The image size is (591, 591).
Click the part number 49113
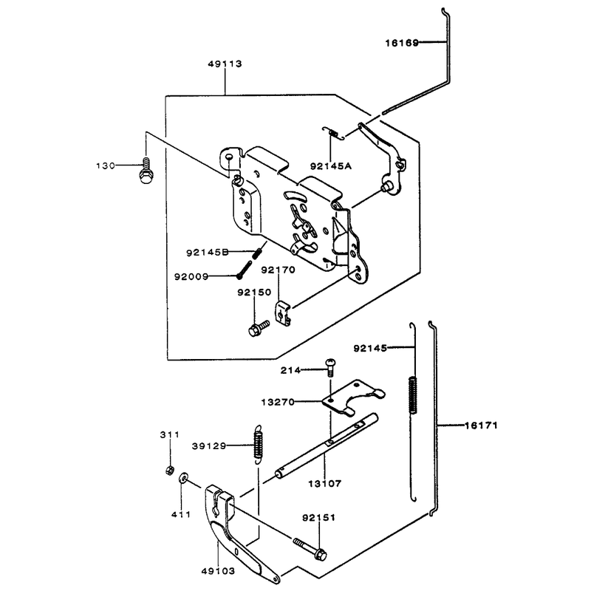click(225, 64)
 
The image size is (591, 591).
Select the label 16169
click(402, 43)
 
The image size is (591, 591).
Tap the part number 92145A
click(331, 166)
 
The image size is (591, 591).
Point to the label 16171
click(481, 426)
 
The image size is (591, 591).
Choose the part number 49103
click(218, 571)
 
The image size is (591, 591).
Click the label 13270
click(278, 403)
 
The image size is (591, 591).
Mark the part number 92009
click(191, 277)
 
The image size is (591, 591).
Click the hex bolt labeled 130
click(146, 171)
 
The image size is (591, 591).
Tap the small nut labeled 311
click(170, 470)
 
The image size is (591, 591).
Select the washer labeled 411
click(183, 478)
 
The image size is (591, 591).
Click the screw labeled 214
click(330, 367)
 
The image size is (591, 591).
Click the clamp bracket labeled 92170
click(283, 312)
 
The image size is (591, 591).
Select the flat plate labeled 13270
click(352, 398)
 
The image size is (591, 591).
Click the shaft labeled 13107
click(327, 446)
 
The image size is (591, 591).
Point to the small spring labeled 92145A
click(334, 133)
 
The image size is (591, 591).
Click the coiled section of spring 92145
click(413, 395)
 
